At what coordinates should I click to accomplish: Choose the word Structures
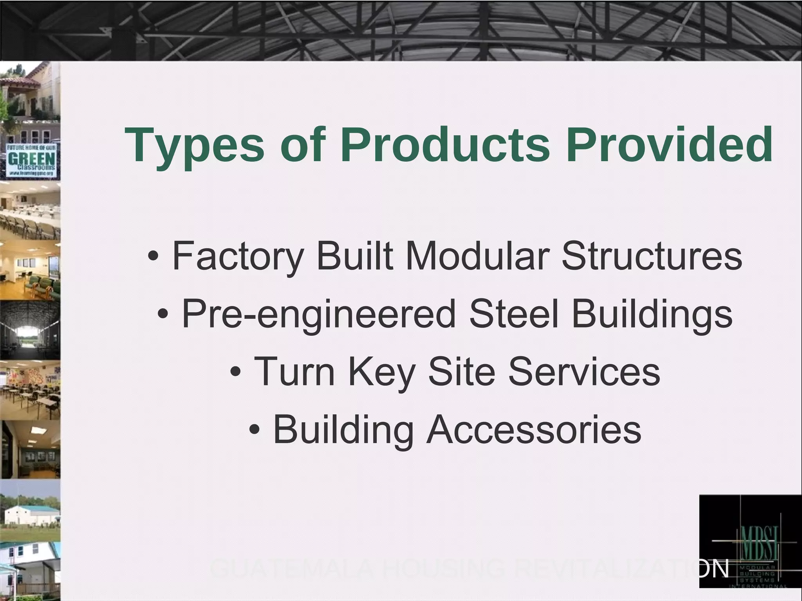(x=652, y=256)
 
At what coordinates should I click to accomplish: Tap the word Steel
(x=513, y=313)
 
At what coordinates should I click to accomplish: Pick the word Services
(x=584, y=371)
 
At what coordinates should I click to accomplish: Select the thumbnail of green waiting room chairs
(x=30, y=270)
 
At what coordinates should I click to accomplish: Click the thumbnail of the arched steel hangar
(x=30, y=330)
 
